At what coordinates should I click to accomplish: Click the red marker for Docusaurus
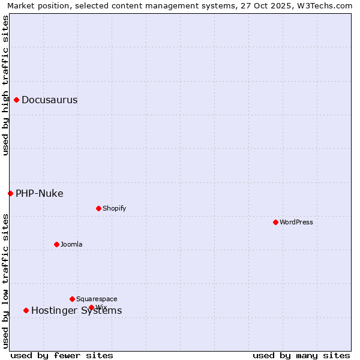point(17,100)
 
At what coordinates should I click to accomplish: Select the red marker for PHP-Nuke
point(11,193)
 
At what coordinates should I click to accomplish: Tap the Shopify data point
point(98,208)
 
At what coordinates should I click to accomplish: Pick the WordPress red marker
point(275,222)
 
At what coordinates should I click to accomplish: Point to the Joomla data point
point(56,244)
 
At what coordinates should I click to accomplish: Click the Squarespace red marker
point(72,299)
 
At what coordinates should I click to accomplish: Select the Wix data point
point(91,307)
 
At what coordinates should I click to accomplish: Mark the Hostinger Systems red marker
point(26,310)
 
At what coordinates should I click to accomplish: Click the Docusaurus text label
point(50,100)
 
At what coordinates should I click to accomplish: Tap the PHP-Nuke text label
point(40,193)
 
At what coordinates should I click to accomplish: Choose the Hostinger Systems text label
point(77,310)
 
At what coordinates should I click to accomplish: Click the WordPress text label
point(296,222)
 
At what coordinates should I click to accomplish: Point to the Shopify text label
point(115,208)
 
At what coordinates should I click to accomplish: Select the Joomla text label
point(71,244)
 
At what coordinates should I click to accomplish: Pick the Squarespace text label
point(97,299)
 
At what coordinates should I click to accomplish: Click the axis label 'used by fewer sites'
point(62,355)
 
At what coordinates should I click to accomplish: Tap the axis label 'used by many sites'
point(301,355)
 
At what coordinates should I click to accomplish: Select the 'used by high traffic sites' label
point(5,85)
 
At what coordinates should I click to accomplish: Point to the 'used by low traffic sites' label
point(5,280)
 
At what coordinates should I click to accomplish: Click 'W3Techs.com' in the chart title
point(326,5)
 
